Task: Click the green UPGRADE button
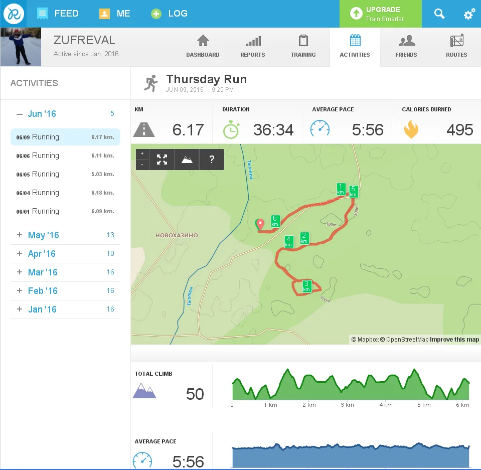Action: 380,14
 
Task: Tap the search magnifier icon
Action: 439,14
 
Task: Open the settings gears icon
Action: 469,14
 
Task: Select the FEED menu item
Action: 58,14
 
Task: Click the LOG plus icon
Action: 156,14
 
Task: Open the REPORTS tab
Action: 253,47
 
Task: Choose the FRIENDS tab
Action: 406,47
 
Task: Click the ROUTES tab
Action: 456,47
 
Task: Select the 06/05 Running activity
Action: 65,174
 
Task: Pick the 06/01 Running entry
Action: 65,211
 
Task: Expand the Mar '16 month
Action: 43,272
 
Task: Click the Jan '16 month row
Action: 42,309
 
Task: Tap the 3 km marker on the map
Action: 307,286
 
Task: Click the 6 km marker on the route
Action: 275,221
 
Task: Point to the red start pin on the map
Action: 260,224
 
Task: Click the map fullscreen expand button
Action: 162,160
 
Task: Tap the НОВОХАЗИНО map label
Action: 177,235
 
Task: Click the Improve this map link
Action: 454,340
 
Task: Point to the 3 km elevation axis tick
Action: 347,405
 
